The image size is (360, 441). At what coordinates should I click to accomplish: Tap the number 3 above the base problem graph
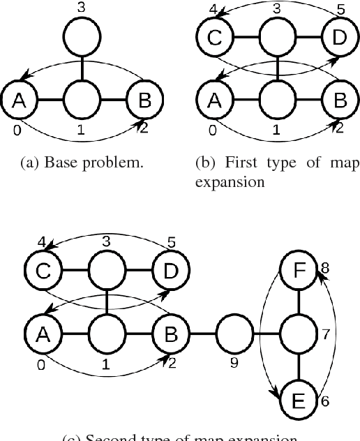point(82,8)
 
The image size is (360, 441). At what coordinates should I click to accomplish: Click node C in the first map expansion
point(214,37)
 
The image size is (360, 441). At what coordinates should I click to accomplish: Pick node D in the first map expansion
point(339,37)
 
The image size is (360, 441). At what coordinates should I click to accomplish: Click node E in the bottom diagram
point(298,401)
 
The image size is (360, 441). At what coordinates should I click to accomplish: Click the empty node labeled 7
point(298,334)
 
